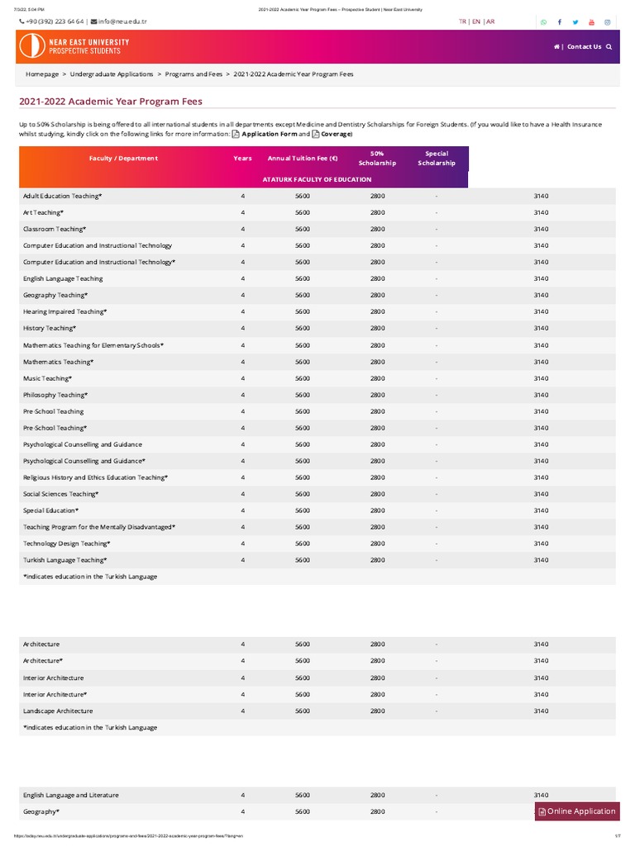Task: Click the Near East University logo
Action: click(71, 47)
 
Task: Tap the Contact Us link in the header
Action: click(584, 47)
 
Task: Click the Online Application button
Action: click(577, 811)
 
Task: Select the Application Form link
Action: click(269, 134)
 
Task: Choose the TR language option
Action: click(463, 21)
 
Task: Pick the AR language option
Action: click(490, 21)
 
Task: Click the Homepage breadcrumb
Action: click(42, 74)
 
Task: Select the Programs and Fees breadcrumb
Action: click(193, 74)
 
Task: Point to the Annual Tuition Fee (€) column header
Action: click(303, 158)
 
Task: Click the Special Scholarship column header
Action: click(437, 158)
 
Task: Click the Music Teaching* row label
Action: click(47, 378)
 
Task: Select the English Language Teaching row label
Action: click(63, 278)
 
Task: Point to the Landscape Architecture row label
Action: click(58, 711)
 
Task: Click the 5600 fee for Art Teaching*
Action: click(303, 212)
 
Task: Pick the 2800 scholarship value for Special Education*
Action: click(378, 511)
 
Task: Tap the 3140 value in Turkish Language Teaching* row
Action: click(541, 560)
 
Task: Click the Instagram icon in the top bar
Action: click(607, 22)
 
